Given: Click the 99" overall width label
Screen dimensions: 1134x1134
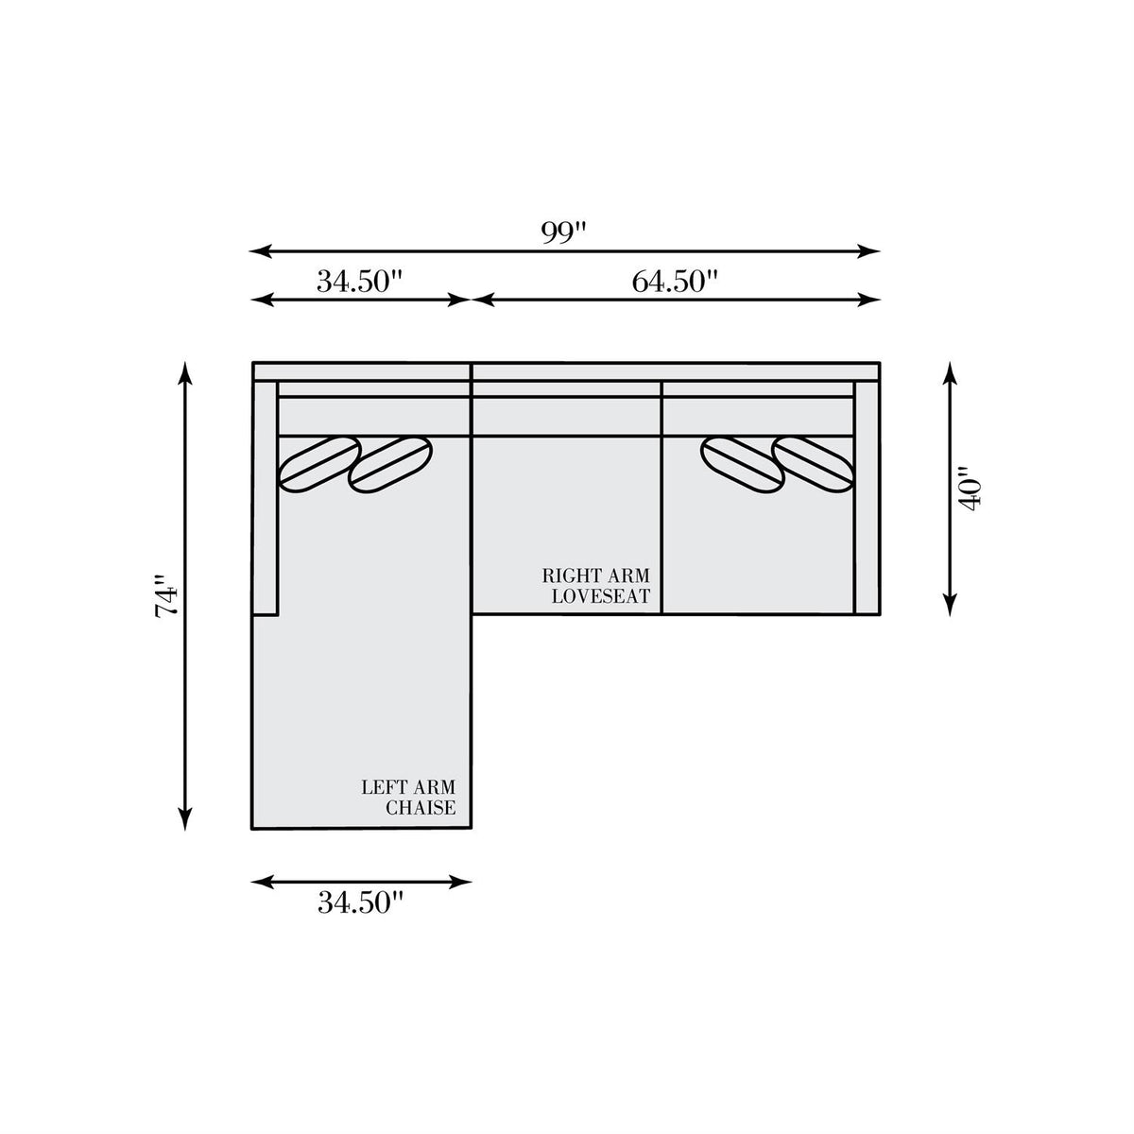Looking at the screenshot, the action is click(564, 233).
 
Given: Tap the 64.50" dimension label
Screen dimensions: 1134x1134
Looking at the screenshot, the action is click(675, 282).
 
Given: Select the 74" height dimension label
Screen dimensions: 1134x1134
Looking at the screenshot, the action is click(166, 595).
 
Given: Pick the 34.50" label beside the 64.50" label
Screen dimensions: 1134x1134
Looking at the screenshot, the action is click(360, 282).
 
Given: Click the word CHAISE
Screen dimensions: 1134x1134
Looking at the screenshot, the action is click(421, 807).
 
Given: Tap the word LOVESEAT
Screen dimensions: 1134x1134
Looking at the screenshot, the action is click(600, 596).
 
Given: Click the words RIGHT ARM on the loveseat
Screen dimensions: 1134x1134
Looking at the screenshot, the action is click(595, 575).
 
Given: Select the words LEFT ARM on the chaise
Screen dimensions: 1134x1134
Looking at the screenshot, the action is click(408, 787).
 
